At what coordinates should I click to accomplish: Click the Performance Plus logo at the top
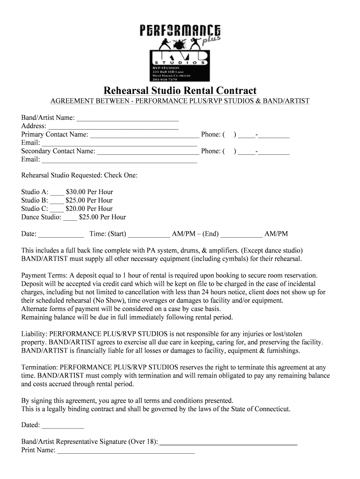coord(180,51)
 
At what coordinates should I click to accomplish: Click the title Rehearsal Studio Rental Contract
coord(180,90)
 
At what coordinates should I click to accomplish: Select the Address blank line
coord(114,126)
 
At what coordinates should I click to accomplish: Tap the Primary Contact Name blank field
coord(144,135)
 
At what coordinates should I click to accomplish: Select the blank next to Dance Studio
coord(70,218)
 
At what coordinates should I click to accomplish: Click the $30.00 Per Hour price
coord(89,192)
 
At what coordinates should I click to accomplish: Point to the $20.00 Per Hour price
coord(89,209)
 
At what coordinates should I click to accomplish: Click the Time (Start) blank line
coord(149,234)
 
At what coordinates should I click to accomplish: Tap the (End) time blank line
coord(241,234)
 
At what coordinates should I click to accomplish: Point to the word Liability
coord(34,334)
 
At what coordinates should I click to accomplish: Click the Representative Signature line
coord(229,442)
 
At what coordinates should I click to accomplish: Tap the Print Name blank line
coord(126,451)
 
